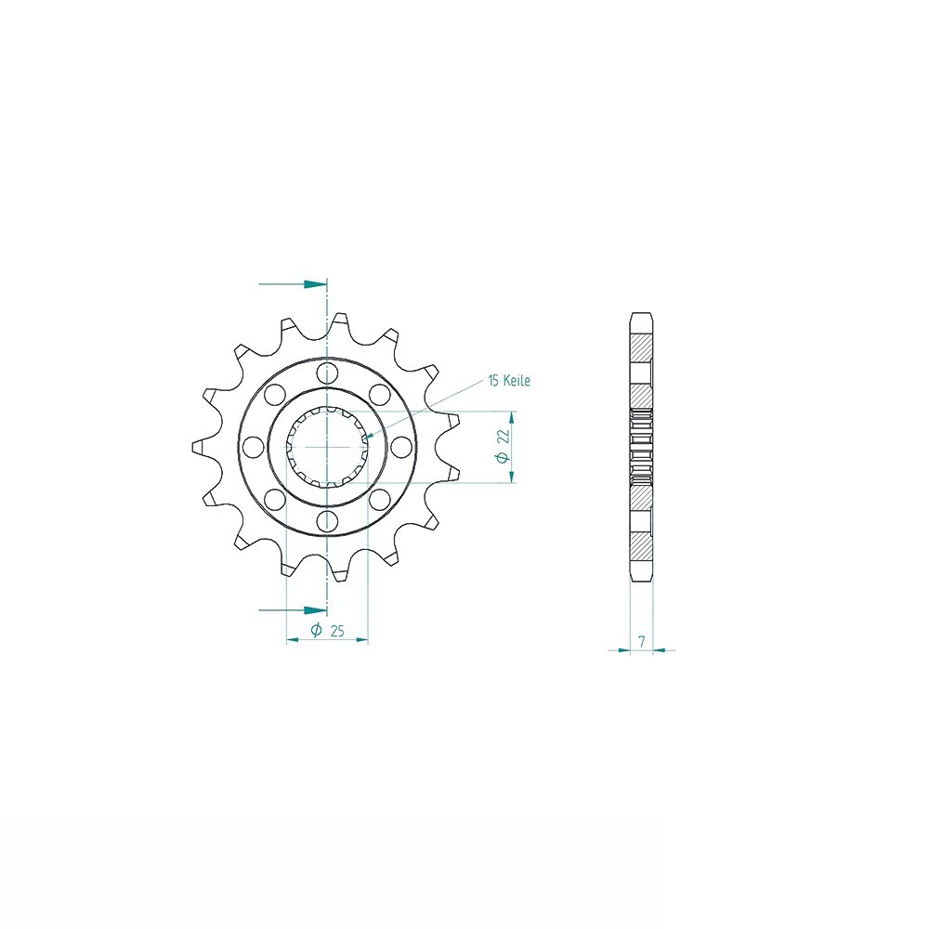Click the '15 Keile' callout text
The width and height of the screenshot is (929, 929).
click(509, 381)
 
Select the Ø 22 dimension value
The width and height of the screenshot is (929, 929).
click(504, 445)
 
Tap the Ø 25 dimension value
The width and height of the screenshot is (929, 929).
click(328, 631)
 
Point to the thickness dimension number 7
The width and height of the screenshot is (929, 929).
click(642, 640)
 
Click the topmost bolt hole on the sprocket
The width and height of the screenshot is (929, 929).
click(326, 373)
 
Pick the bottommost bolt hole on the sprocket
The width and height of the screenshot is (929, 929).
click(326, 521)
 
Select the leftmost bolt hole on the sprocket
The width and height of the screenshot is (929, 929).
click(253, 447)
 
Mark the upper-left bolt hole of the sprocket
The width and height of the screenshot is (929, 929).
click(274, 395)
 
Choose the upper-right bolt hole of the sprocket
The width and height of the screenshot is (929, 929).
click(379, 395)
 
